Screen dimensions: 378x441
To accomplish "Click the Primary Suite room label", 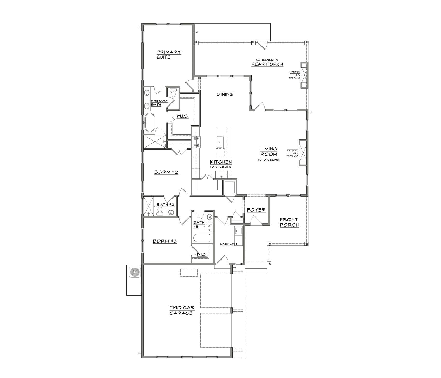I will coord(169,55).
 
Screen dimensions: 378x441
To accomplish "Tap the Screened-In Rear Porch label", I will coord(267,62).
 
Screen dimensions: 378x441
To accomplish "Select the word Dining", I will coord(225,95).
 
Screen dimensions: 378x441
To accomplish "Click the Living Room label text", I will coord(269,152).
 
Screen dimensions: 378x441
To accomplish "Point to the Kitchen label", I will coord(221,162).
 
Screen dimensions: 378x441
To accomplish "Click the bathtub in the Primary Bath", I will coord(149,122).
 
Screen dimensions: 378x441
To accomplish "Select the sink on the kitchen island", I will coord(220,142).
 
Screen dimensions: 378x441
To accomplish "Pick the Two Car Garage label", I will coord(181,311).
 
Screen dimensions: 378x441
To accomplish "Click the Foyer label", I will coord(256,210).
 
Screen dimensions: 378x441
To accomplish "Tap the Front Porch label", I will coord(289,222).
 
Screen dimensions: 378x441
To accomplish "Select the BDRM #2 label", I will coord(166,172).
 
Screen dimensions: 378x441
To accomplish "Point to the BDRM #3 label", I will coord(165,241).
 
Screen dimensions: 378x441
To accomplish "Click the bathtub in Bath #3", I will coord(202,238).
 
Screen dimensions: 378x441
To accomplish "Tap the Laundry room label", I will coord(229,244).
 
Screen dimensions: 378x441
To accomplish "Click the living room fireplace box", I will coord(303,152).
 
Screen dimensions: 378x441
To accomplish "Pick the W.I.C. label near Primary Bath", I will coord(182,116).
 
